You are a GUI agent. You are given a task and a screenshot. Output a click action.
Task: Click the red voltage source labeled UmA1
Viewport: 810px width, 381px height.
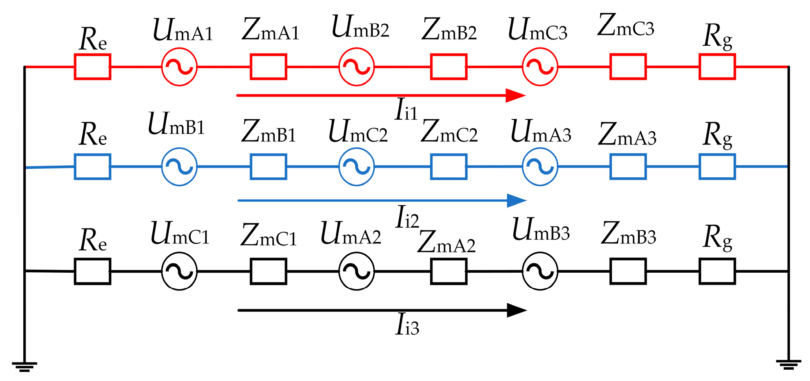tap(179, 67)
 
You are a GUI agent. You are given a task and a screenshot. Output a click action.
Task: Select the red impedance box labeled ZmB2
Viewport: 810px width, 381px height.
tap(448, 67)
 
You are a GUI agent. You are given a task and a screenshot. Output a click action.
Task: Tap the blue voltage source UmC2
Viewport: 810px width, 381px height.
tap(356, 167)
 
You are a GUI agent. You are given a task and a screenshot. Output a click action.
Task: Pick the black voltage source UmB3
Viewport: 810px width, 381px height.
tap(540, 271)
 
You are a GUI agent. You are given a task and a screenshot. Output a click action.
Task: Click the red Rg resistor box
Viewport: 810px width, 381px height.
tap(717, 67)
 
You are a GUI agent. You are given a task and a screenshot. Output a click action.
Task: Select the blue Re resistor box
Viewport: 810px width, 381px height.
tap(92, 167)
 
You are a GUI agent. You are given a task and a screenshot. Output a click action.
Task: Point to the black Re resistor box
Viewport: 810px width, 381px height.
tap(92, 271)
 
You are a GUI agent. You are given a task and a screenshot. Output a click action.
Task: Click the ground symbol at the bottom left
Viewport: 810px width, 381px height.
tap(24, 366)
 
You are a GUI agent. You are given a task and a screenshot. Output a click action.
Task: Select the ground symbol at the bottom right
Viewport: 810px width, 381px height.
tap(788, 364)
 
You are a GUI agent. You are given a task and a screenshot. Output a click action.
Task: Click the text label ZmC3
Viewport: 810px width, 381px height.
tap(625, 26)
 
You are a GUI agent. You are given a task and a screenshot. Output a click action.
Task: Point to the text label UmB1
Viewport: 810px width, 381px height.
tap(176, 124)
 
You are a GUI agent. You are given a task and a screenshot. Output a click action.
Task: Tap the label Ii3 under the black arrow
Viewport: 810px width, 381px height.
tap(407, 325)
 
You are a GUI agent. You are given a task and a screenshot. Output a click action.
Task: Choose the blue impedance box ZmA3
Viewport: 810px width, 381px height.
tap(628, 167)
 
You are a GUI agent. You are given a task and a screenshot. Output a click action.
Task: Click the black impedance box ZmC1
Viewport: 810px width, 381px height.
tap(268, 271)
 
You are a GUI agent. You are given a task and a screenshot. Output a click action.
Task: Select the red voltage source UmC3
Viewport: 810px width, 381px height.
tap(540, 67)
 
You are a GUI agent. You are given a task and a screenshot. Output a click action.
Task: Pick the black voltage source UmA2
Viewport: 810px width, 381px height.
tap(356, 271)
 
